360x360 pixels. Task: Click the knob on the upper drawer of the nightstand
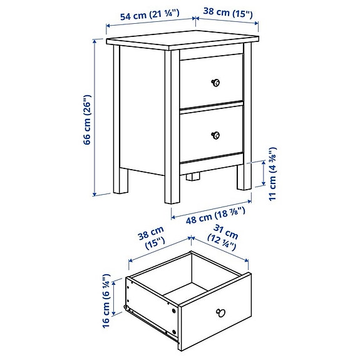coord(215,83)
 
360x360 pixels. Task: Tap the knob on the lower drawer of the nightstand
coord(215,135)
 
